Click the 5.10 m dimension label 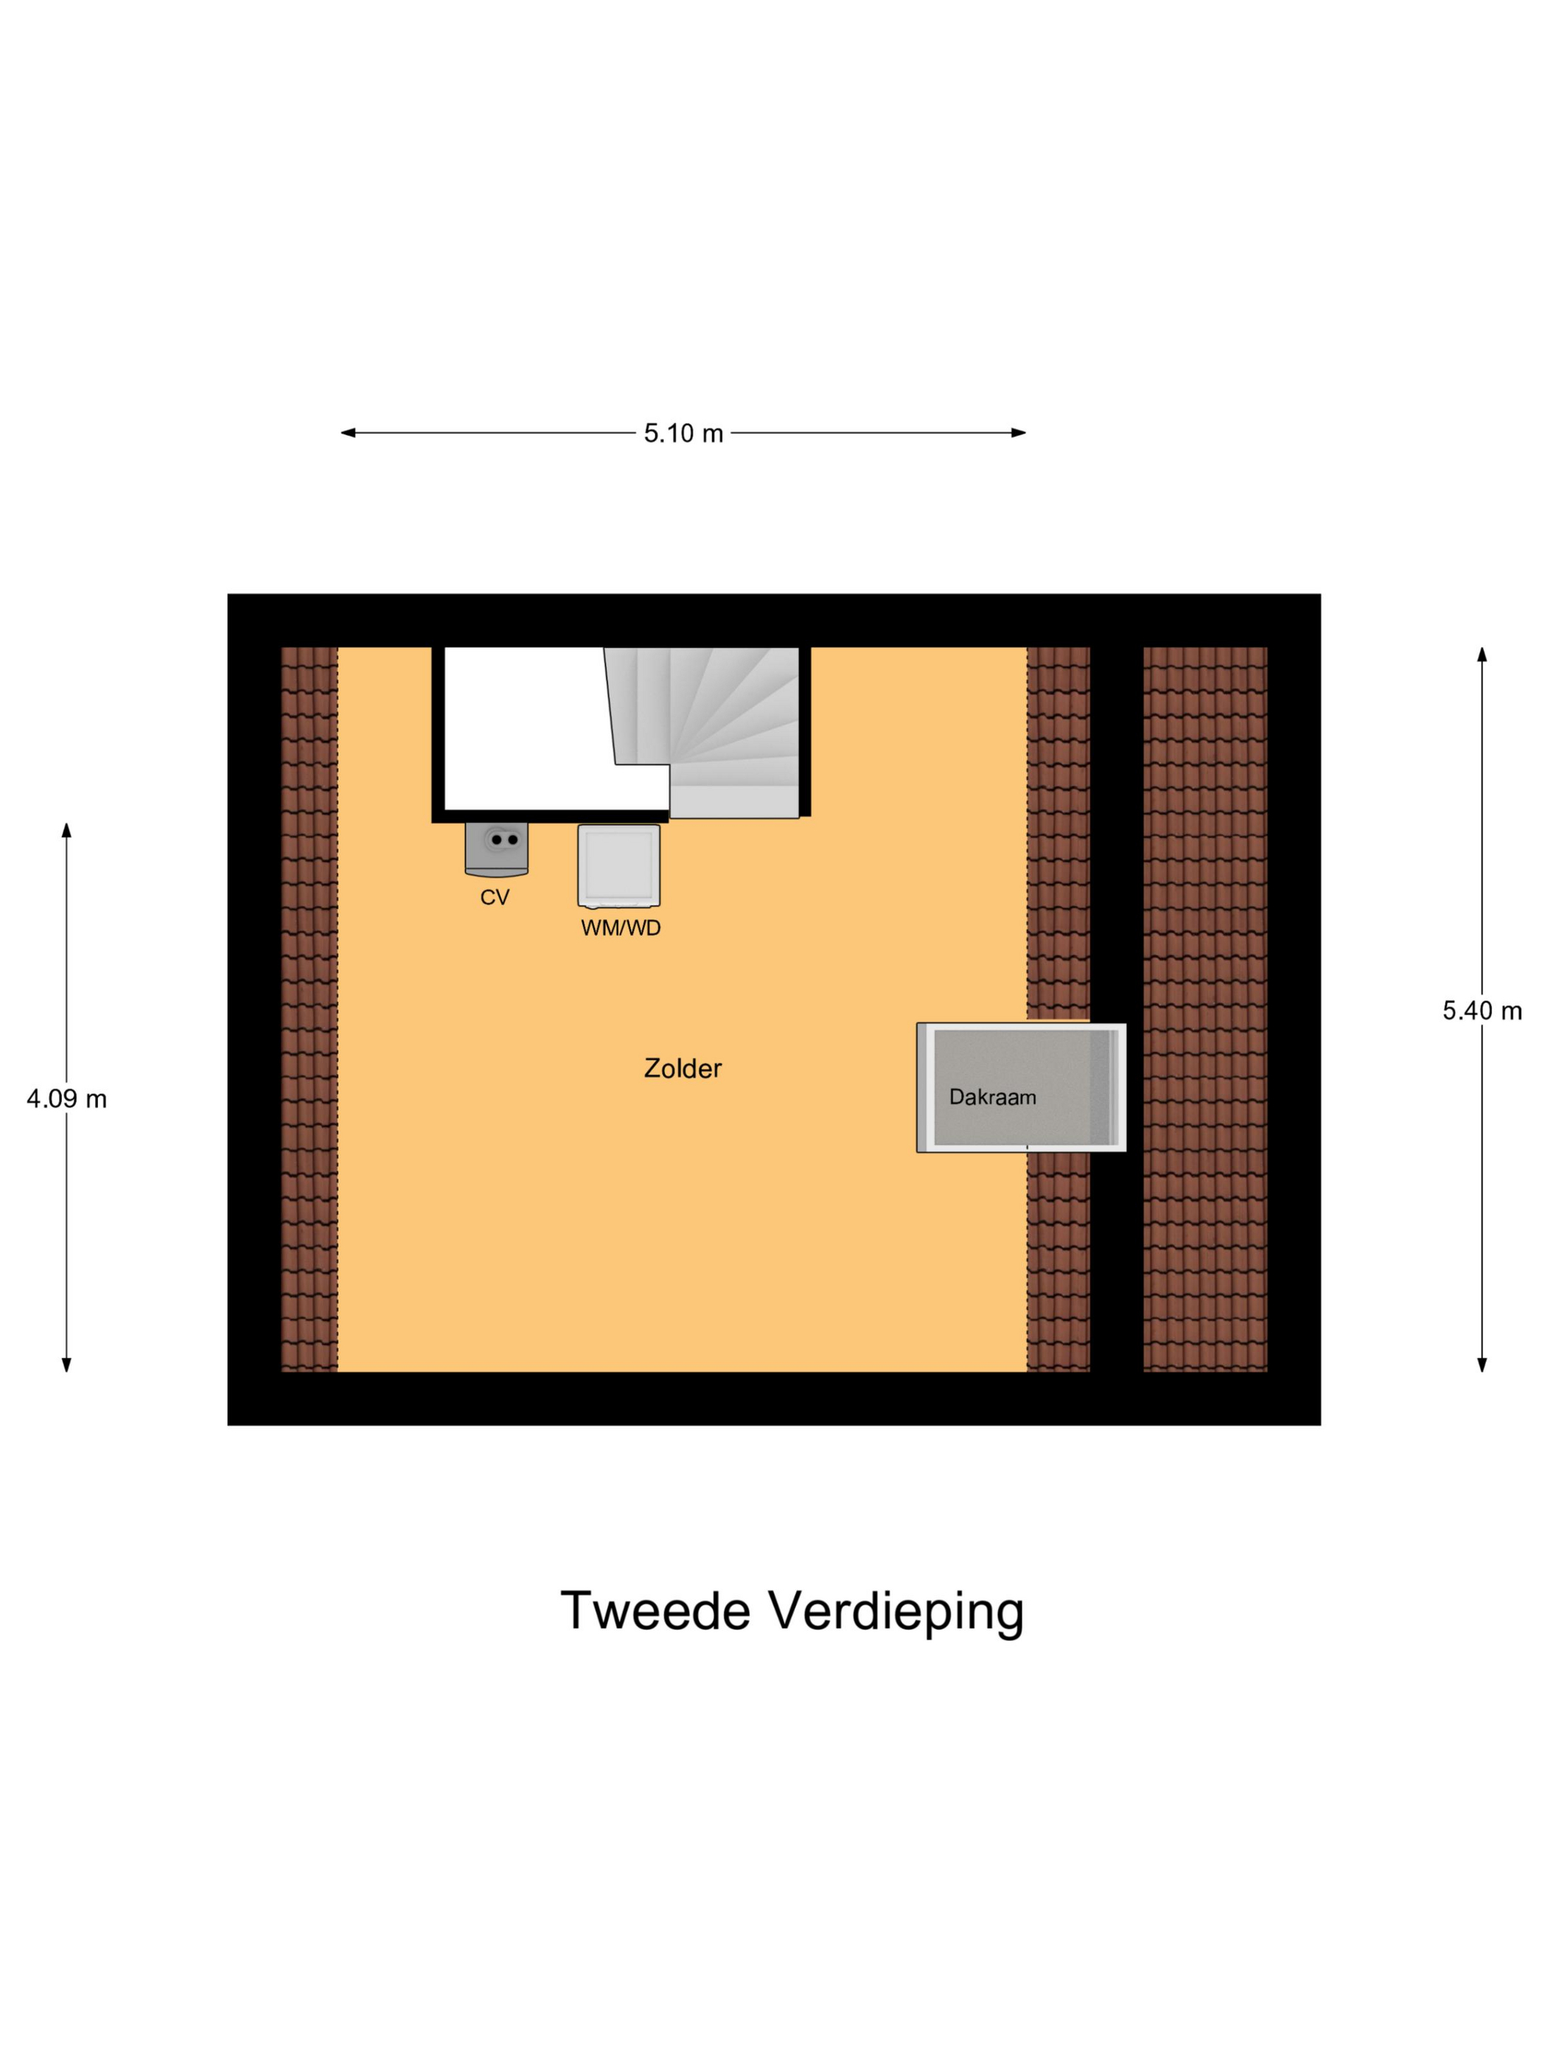pos(683,433)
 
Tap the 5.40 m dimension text pos(1482,1011)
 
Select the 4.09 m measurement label pos(66,1099)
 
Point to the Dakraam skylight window pos(1021,1088)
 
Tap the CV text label pos(495,898)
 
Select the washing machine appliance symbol pos(618,865)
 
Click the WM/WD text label pos(621,928)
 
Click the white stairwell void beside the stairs pos(523,728)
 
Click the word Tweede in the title pos(655,1611)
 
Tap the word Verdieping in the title pos(896,1612)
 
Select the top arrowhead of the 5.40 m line pos(1482,654)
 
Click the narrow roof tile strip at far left pos(309,1008)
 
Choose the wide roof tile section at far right pos(1204,1008)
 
